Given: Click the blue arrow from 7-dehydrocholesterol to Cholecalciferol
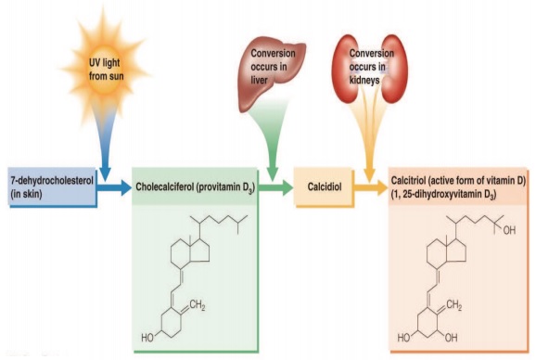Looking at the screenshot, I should point(112,186).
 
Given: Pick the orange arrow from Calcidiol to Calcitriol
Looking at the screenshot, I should point(368,186).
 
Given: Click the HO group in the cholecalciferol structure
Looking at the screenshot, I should point(147,339).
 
